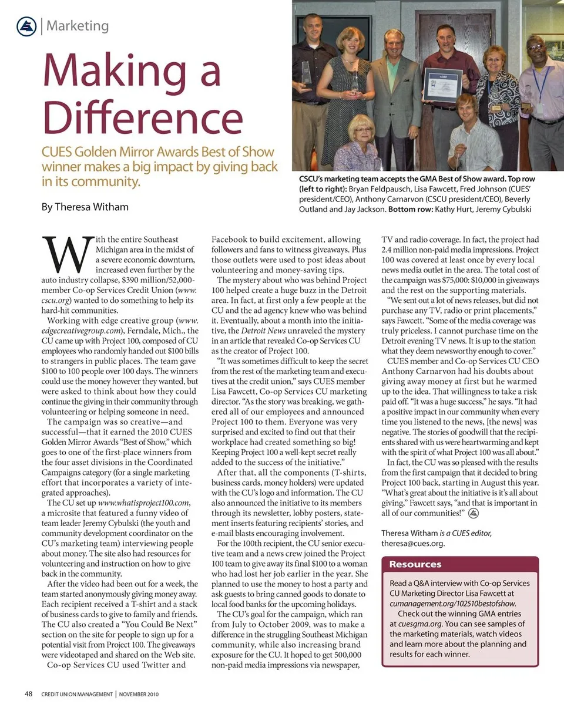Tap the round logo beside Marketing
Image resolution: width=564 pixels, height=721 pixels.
point(26,26)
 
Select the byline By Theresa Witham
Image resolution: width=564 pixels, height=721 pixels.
point(85,207)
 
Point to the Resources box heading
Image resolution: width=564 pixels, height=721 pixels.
point(415,564)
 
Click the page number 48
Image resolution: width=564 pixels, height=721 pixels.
point(28,694)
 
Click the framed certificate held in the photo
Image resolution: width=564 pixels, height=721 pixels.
point(442,86)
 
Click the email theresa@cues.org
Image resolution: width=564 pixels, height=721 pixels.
point(413,543)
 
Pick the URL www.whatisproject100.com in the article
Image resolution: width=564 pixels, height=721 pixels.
point(144,503)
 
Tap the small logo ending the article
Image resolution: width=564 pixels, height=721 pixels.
point(474,513)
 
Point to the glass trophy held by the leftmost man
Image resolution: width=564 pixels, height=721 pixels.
point(306,74)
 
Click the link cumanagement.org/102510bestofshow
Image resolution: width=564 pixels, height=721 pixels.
point(452,603)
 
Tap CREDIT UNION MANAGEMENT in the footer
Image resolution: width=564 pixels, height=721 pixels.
point(77,695)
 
